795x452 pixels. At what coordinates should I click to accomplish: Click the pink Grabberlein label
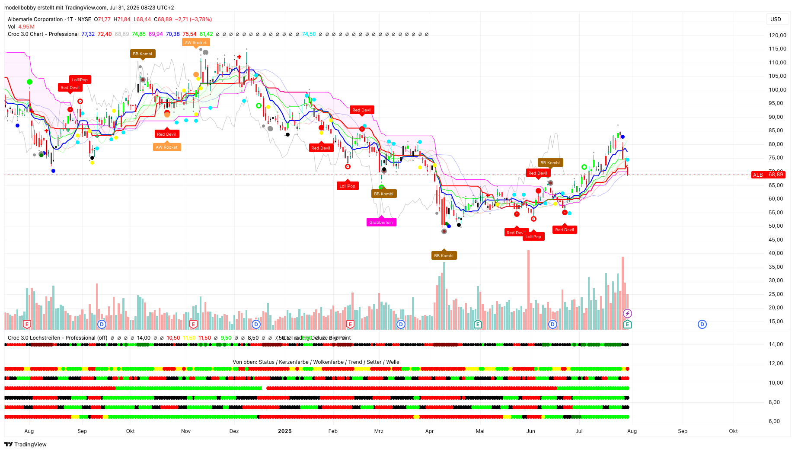[x=381, y=223]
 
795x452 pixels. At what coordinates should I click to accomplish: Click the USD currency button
[x=776, y=19]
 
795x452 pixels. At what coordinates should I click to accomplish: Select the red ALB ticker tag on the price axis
[x=758, y=175]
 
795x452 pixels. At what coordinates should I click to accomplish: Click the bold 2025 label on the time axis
[x=284, y=431]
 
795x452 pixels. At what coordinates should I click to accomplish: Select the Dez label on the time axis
[x=234, y=431]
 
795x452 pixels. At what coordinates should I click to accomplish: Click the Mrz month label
[x=379, y=431]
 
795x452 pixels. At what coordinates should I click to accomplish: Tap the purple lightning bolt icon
[x=627, y=313]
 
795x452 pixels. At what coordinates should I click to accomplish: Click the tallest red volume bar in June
[x=528, y=290]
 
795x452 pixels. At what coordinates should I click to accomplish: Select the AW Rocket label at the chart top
[x=195, y=42]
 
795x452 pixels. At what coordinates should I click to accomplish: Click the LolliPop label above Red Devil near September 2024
[x=80, y=80]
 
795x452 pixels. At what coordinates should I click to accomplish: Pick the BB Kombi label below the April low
[x=444, y=255]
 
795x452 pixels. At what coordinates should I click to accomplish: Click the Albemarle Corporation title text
[x=35, y=19]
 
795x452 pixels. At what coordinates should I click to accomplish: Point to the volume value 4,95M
[x=26, y=27]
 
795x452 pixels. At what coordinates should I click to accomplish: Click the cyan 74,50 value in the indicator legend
[x=309, y=34]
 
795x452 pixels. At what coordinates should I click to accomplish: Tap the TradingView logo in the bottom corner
[x=26, y=444]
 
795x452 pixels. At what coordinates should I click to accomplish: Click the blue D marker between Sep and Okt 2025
[x=702, y=324]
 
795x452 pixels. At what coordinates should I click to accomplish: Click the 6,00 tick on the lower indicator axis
[x=774, y=421]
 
